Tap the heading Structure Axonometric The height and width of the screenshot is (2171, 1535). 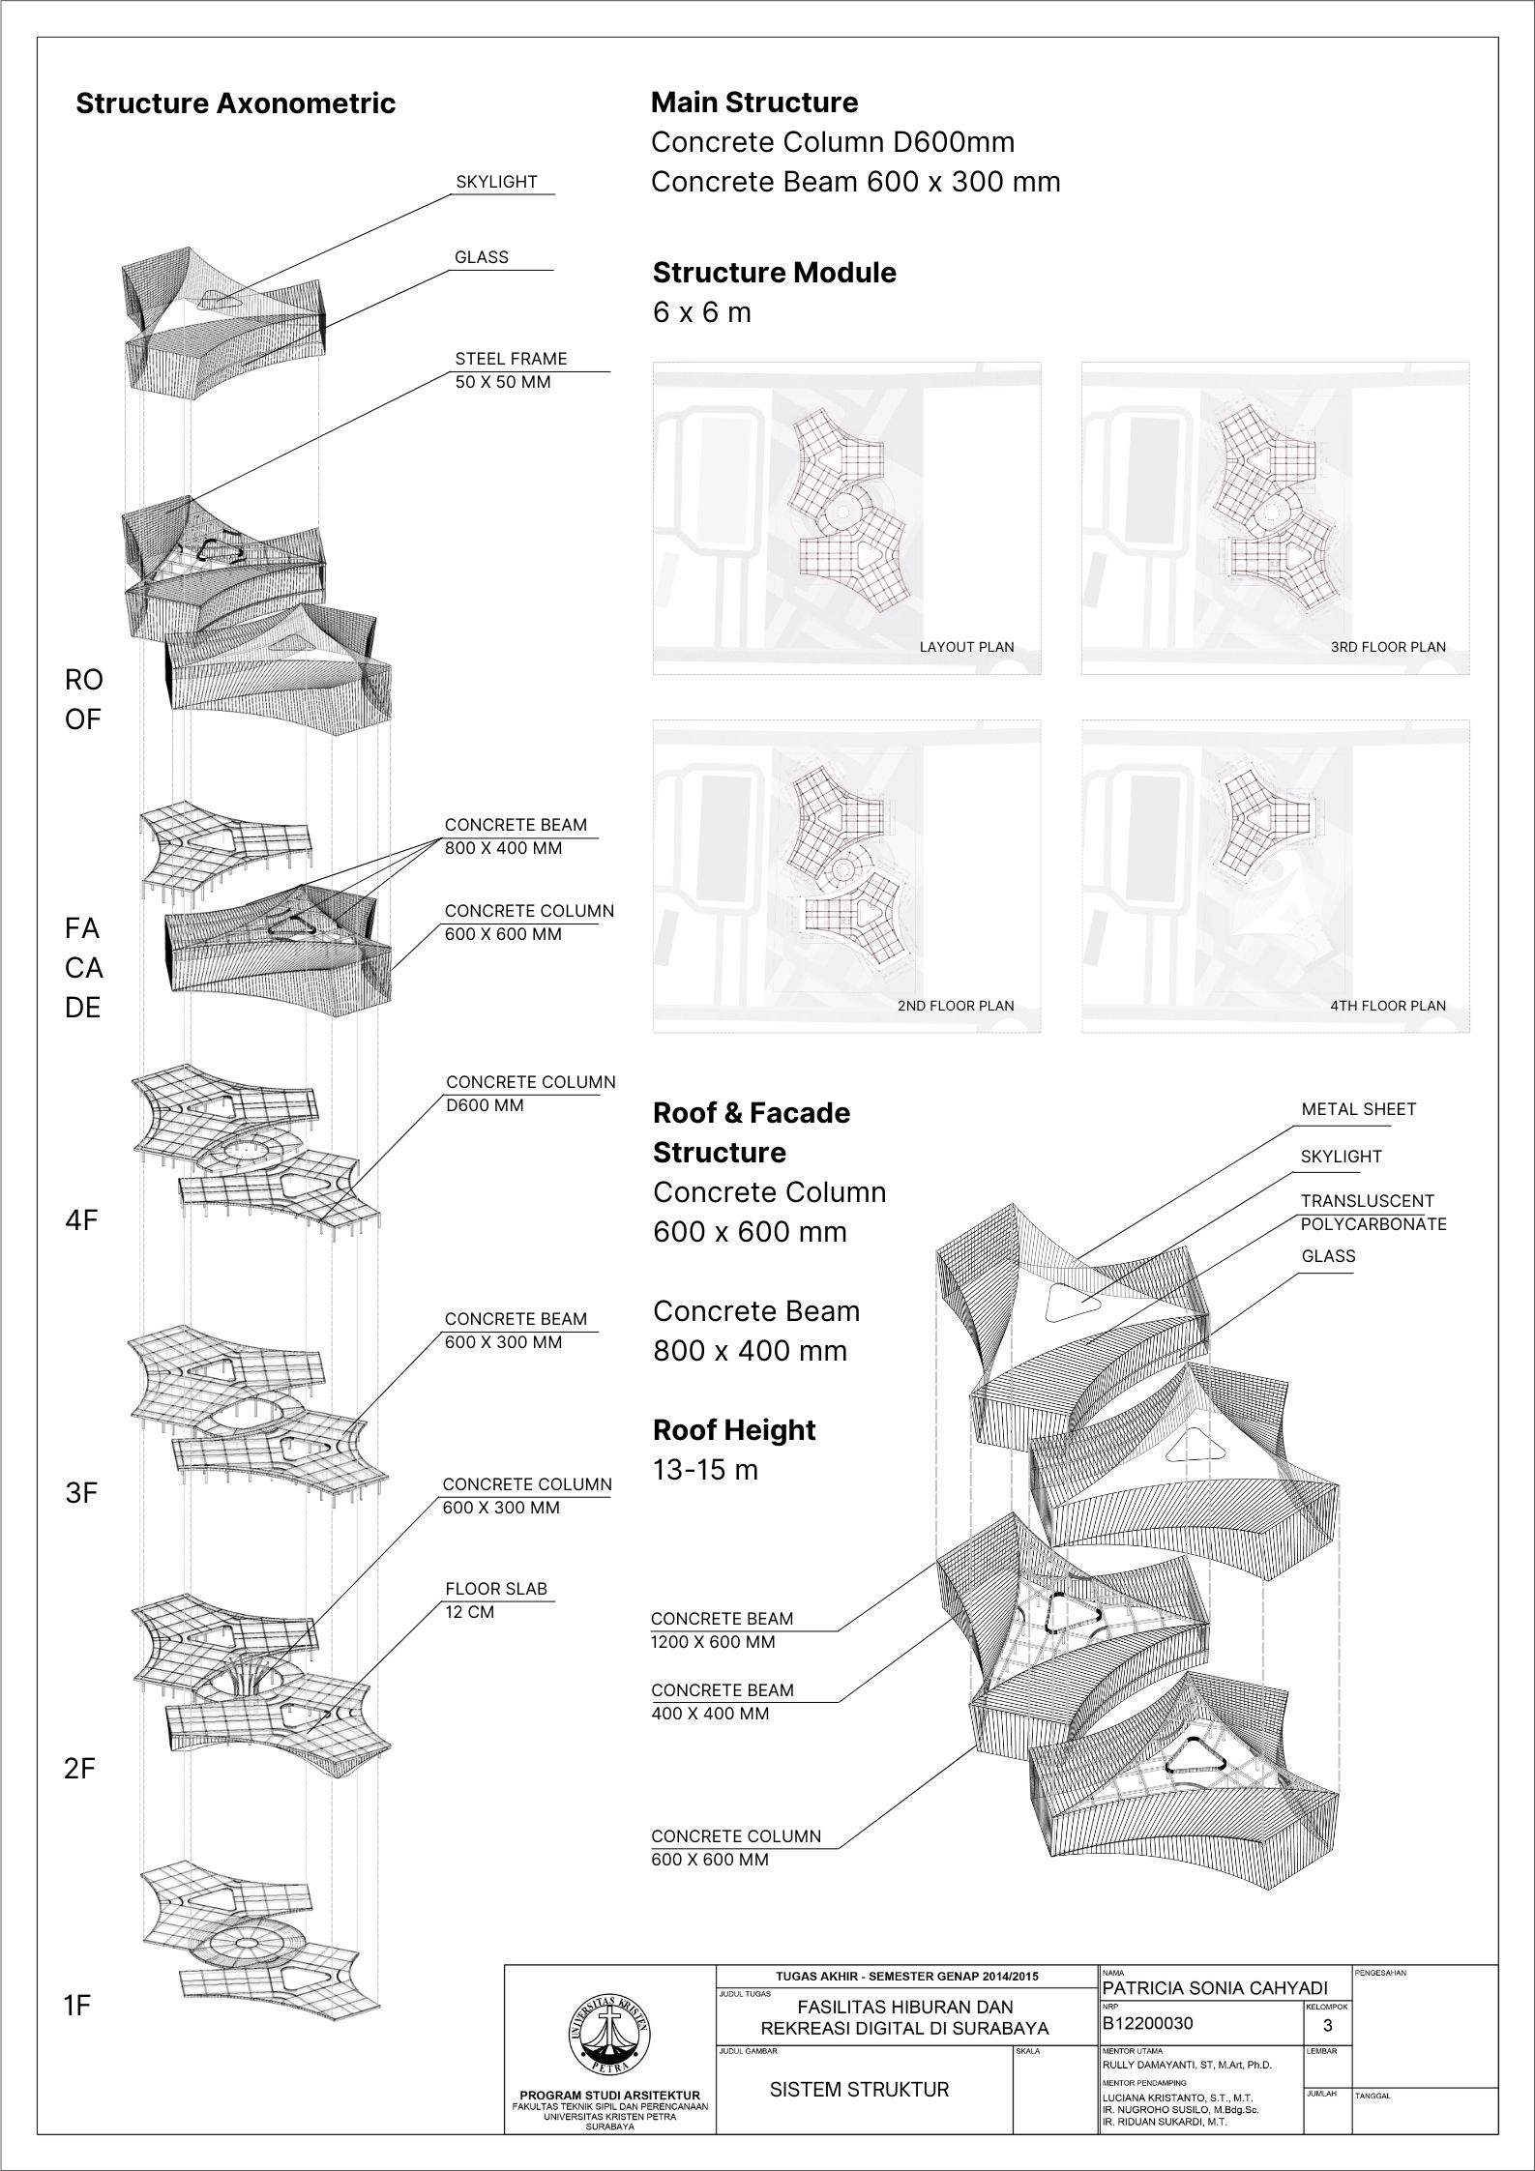tap(235, 103)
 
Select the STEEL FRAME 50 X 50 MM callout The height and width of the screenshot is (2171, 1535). tap(511, 370)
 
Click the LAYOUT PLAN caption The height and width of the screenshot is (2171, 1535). tap(966, 647)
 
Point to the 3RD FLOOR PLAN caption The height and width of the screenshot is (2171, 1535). tap(1388, 647)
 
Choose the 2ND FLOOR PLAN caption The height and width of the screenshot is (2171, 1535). tap(956, 1006)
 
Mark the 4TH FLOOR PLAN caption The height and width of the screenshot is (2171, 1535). tap(1388, 1006)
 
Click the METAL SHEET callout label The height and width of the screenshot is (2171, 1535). tap(1358, 1109)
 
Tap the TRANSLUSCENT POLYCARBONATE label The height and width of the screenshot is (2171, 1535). tap(1373, 1213)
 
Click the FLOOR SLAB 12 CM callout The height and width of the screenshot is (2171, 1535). tap(495, 1600)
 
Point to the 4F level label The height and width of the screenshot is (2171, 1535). tap(82, 1220)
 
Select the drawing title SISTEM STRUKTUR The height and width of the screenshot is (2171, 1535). tap(859, 2089)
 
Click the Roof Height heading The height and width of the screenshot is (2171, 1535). tap(734, 1430)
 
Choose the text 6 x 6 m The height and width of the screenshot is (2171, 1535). tap(702, 313)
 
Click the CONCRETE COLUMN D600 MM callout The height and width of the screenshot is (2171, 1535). tap(530, 1094)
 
